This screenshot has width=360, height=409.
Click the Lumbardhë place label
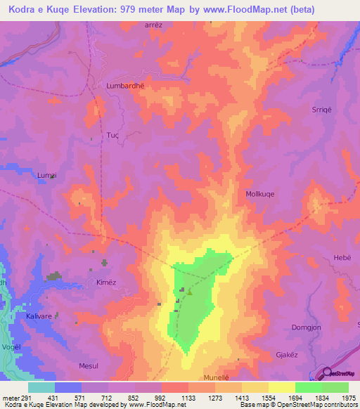coord(124,86)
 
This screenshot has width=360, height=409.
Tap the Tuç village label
coord(112,134)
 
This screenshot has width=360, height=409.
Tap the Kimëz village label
coord(105,281)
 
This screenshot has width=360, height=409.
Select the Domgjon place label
coord(306,328)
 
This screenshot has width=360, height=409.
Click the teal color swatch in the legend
coord(41,387)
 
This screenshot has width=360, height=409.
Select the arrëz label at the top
coord(153,24)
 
